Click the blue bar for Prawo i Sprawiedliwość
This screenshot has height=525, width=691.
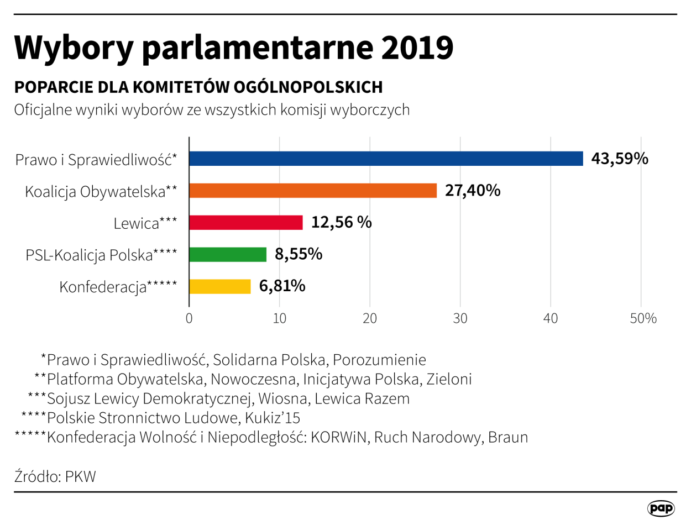[x=386, y=159]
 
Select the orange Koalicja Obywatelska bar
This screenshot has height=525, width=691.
[x=313, y=191]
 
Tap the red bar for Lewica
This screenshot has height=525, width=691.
[x=246, y=223]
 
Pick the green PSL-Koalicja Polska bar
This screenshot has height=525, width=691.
[x=228, y=255]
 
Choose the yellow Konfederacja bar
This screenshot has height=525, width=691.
[x=220, y=286]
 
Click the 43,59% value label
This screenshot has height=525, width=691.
[x=619, y=159]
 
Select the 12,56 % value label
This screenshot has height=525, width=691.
[x=341, y=223]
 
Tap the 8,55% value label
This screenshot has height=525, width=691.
[x=299, y=255]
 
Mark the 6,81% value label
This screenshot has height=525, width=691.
[x=282, y=286]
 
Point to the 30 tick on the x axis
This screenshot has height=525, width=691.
[x=460, y=319]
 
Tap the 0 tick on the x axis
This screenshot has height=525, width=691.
[x=189, y=319]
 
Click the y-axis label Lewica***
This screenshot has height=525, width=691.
[x=145, y=223]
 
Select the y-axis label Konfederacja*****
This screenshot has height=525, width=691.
[x=118, y=287]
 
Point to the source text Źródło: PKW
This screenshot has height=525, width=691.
[x=55, y=476]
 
